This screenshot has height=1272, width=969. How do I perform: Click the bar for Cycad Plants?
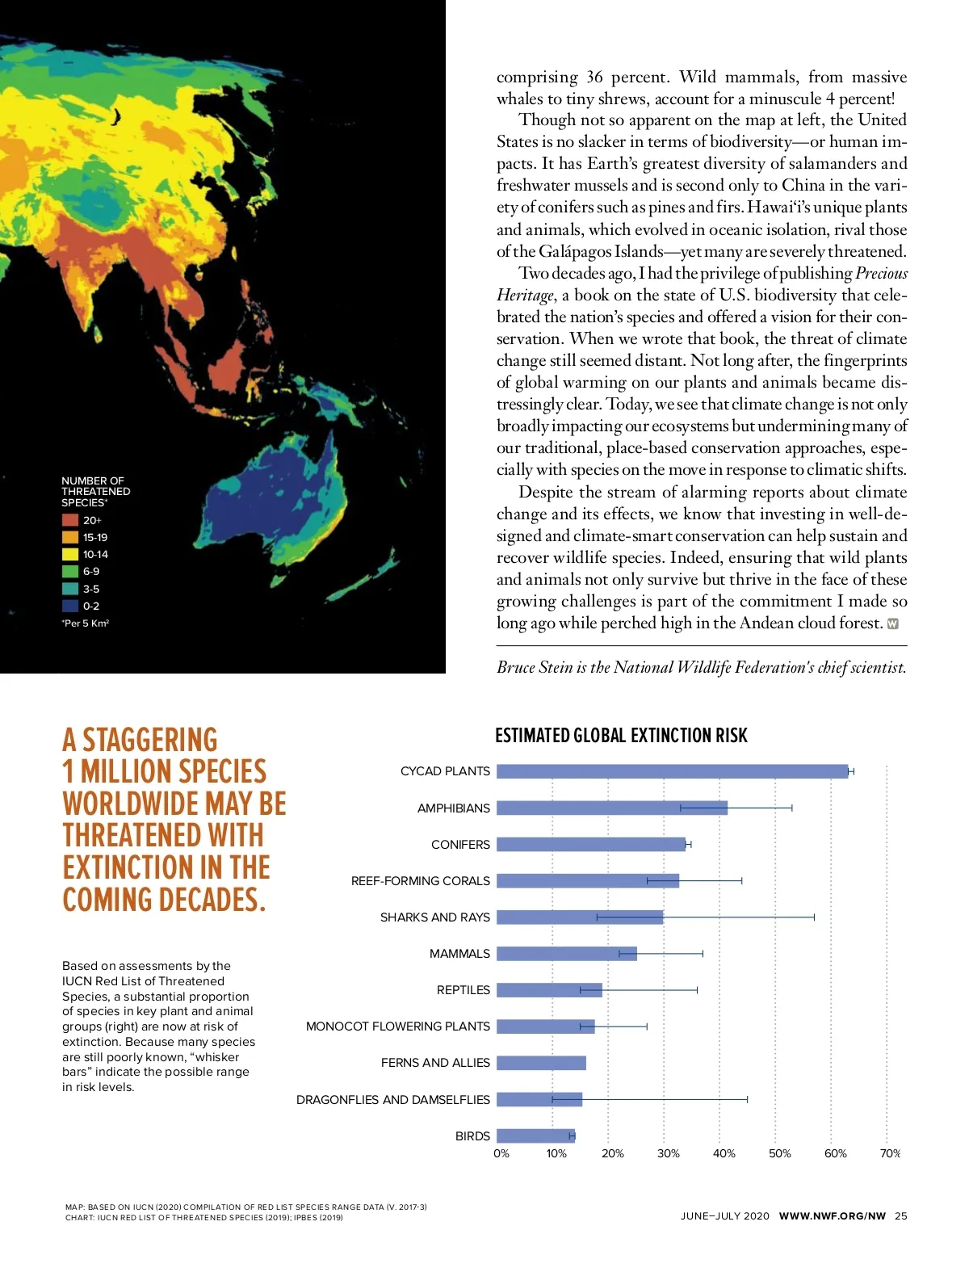pyautogui.click(x=672, y=771)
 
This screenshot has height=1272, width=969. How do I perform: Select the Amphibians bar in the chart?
pyautogui.click(x=611, y=808)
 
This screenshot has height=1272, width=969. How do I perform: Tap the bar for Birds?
pyautogui.click(x=535, y=1136)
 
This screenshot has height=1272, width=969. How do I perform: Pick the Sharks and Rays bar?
pyautogui.click(x=579, y=917)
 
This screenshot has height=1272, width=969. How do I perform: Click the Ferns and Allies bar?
pyautogui.click(x=541, y=1063)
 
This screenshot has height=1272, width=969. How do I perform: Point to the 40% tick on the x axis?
pyautogui.click(x=724, y=1153)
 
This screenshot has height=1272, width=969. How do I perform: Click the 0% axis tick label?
pyautogui.click(x=501, y=1153)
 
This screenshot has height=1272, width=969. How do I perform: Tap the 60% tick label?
pyautogui.click(x=835, y=1153)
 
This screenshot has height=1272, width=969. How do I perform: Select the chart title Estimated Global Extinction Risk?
pyautogui.click(x=621, y=735)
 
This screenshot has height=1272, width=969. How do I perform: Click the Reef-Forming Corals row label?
pyautogui.click(x=420, y=881)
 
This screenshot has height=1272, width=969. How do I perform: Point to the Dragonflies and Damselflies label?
pyautogui.click(x=392, y=1099)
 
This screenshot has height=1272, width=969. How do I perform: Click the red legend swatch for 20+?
pyautogui.click(x=70, y=520)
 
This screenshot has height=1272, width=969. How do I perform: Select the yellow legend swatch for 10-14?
pyautogui.click(x=70, y=554)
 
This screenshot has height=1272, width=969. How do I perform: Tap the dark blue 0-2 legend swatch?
pyautogui.click(x=70, y=606)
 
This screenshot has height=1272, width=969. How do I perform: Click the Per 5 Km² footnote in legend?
pyautogui.click(x=86, y=623)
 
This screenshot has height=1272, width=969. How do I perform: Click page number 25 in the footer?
pyautogui.click(x=900, y=1215)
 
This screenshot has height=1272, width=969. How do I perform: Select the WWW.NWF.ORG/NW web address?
pyautogui.click(x=832, y=1215)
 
